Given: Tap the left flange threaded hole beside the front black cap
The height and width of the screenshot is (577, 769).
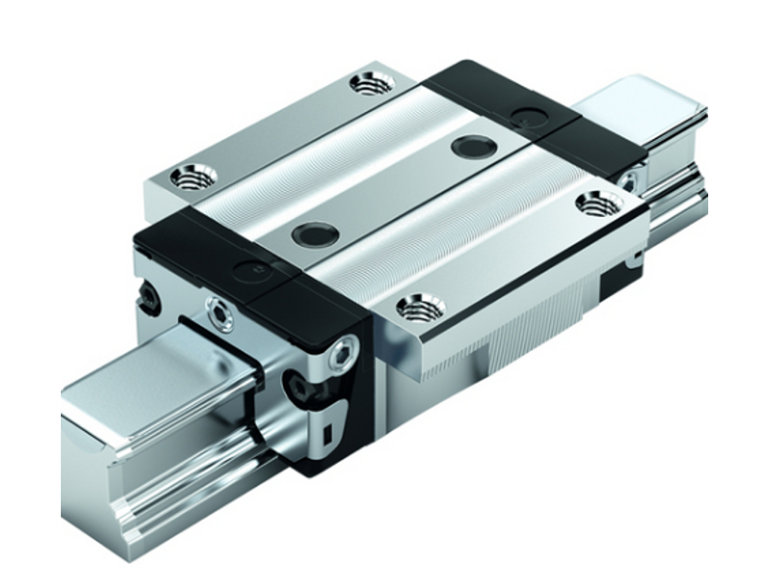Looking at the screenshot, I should pos(193,177).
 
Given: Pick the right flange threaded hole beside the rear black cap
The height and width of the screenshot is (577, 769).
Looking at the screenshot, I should pos(599,202).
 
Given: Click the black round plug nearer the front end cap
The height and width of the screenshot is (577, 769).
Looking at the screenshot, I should pos(315,234).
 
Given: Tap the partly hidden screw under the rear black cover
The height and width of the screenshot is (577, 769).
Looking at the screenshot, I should pos(628,181).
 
